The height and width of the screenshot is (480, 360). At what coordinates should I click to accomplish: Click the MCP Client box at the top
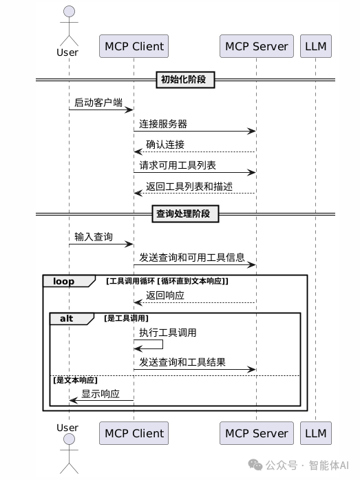[x=134, y=46]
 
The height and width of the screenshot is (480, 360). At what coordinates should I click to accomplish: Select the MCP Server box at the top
[x=256, y=46]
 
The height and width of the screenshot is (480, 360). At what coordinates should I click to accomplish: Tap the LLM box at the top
[x=316, y=46]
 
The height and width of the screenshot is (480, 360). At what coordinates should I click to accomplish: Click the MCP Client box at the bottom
[x=134, y=433]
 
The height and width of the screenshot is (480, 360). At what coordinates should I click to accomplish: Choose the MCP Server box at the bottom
[x=256, y=433]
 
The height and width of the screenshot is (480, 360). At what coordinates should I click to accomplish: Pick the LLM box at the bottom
[x=316, y=433]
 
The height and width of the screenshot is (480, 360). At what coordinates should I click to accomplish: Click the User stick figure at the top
[x=67, y=24]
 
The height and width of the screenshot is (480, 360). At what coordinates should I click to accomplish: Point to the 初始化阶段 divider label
[x=185, y=80]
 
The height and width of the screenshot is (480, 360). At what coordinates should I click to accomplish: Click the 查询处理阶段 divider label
[x=185, y=214]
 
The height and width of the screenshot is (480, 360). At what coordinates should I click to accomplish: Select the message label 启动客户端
[x=98, y=103]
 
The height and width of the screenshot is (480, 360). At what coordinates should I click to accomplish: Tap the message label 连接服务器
[x=163, y=124]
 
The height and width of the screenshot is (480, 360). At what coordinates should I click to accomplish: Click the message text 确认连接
[x=165, y=145]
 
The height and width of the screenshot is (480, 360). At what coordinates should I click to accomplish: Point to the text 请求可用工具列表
[x=178, y=165]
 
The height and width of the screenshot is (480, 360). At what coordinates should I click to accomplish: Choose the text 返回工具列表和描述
[x=189, y=186]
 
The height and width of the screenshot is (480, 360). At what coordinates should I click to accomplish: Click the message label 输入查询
[x=94, y=237]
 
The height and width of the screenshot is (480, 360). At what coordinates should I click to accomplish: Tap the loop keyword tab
[x=64, y=281]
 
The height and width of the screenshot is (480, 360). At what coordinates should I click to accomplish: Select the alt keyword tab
[x=67, y=319]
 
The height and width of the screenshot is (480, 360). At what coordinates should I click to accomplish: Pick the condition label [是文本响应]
[x=75, y=380]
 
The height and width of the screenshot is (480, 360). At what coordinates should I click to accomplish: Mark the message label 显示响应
[x=100, y=395]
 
